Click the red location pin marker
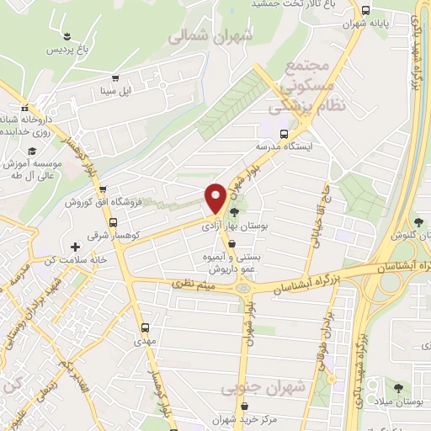(215, 198)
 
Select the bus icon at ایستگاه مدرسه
(285, 132)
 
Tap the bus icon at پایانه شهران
(364, 11)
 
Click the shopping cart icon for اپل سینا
(115, 77)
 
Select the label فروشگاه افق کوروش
(100, 203)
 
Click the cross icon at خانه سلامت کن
(76, 247)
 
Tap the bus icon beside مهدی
(144, 327)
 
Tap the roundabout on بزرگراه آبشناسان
(243, 288)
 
